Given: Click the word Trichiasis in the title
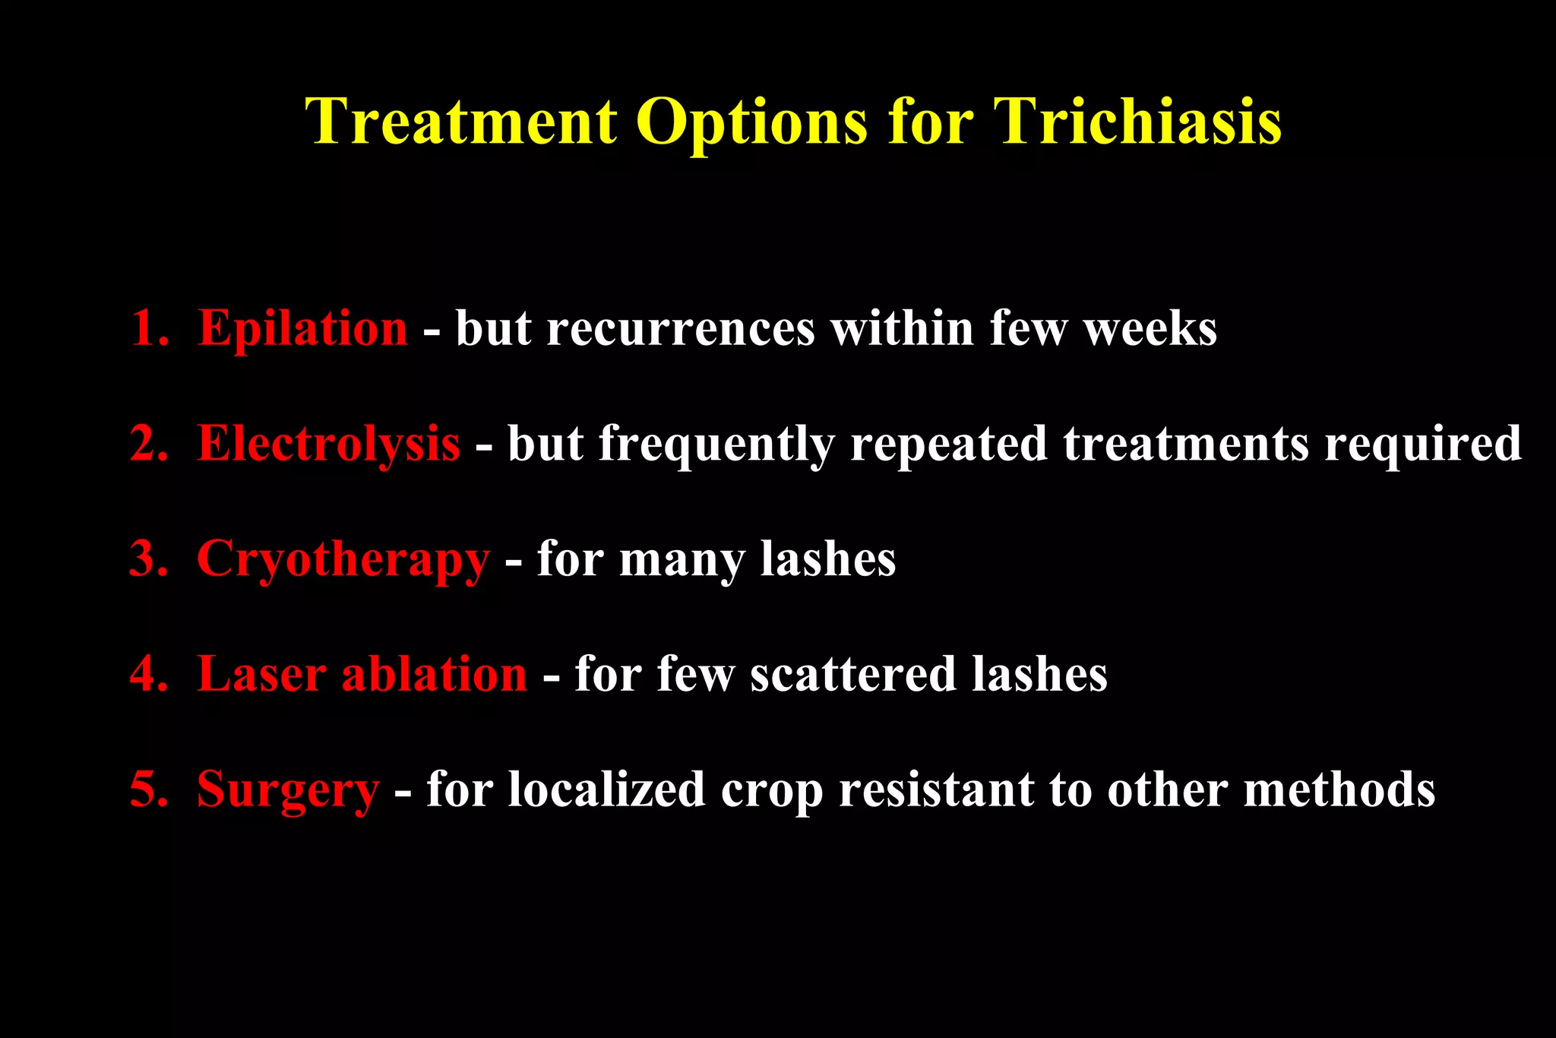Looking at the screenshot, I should pyautogui.click(x=1137, y=122).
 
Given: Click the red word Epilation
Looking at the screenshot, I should pyautogui.click(x=302, y=329).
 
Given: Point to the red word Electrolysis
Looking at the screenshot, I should pyautogui.click(x=328, y=444).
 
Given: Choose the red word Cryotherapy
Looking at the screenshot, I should pyautogui.click(x=343, y=561).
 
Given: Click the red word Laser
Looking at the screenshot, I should pyautogui.click(x=261, y=674).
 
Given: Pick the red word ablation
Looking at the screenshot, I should pyautogui.click(x=434, y=674).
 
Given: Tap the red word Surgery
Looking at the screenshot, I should pyautogui.click(x=287, y=791).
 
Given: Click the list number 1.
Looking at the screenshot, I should pyautogui.click(x=149, y=329).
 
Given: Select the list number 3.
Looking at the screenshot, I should pyautogui.click(x=149, y=559).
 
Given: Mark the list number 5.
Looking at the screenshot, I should pyautogui.click(x=149, y=790).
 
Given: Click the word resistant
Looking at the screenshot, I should pyautogui.click(x=935, y=790).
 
